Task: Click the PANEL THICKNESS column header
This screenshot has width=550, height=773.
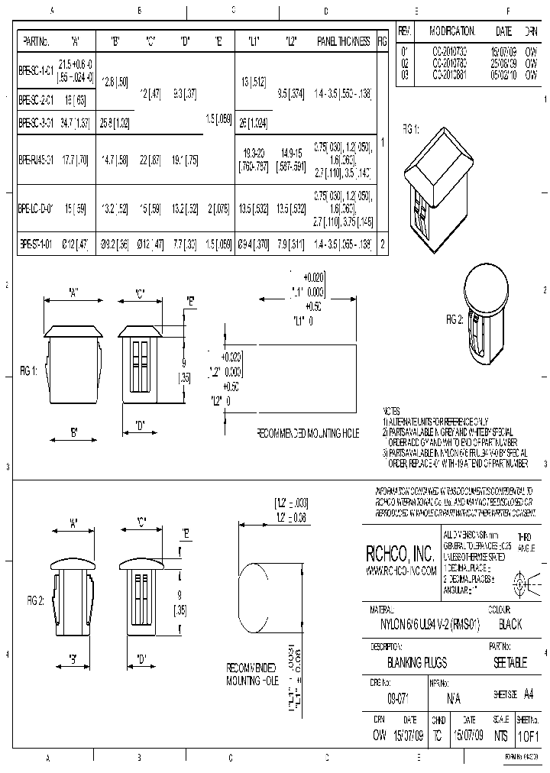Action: pos(343,41)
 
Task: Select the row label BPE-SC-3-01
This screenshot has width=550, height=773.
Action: pos(36,122)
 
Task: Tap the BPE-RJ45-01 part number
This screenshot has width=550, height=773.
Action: pos(36,160)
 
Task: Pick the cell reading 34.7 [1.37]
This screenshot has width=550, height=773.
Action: pos(74,122)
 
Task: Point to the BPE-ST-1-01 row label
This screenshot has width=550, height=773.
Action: pos(36,245)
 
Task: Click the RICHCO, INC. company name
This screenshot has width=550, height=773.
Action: pos(401,554)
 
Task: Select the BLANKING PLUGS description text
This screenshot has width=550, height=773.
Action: pos(417,663)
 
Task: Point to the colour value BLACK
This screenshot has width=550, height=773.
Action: pos(510,624)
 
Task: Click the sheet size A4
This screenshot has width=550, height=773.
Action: pos(529,695)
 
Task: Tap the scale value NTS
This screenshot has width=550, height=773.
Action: pos(500,736)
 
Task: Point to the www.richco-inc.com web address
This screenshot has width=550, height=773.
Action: pos(401,571)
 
